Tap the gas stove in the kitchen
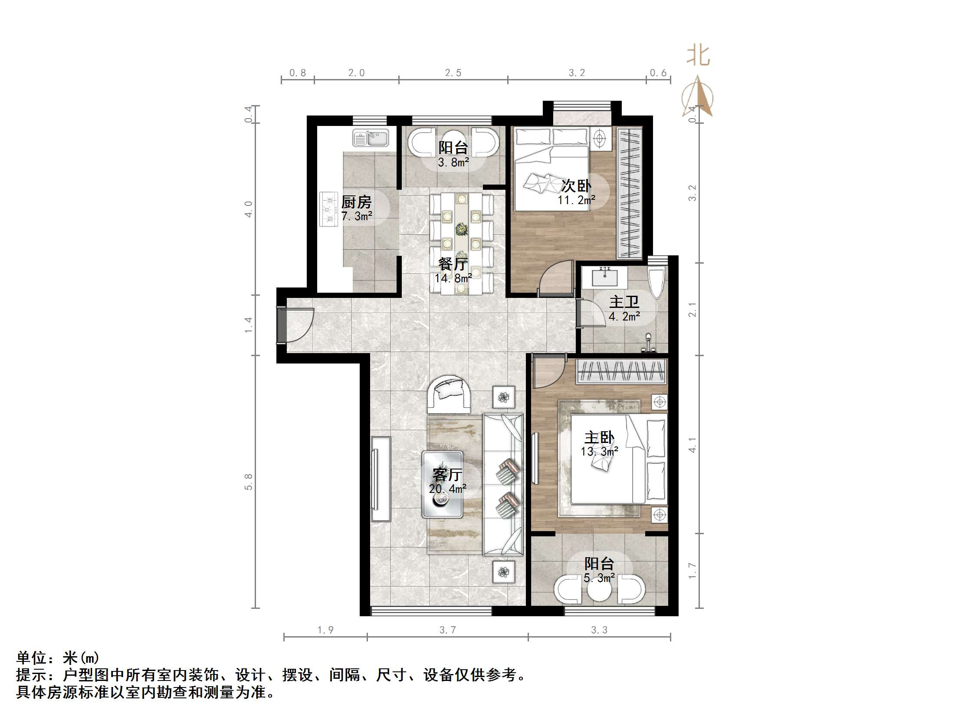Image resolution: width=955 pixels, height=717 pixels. (x=328, y=209)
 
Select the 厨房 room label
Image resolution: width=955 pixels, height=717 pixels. (x=356, y=202)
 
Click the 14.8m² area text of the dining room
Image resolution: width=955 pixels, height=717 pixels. (x=453, y=278)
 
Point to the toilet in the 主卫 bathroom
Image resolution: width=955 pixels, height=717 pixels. (x=655, y=282)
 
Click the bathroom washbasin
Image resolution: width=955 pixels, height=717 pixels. (x=604, y=277)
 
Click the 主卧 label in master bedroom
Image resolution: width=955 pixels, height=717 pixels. (x=599, y=438)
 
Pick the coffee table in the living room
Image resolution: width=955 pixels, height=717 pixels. (x=442, y=484)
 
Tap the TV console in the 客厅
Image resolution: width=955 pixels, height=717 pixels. (x=381, y=479)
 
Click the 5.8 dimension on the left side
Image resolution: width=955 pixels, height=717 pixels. (x=249, y=481)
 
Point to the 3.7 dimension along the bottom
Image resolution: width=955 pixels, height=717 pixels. (x=447, y=630)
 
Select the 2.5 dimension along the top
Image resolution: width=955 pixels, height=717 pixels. (x=453, y=73)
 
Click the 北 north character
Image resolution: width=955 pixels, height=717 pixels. (x=698, y=56)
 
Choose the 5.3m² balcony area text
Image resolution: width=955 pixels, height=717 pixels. (x=599, y=578)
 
